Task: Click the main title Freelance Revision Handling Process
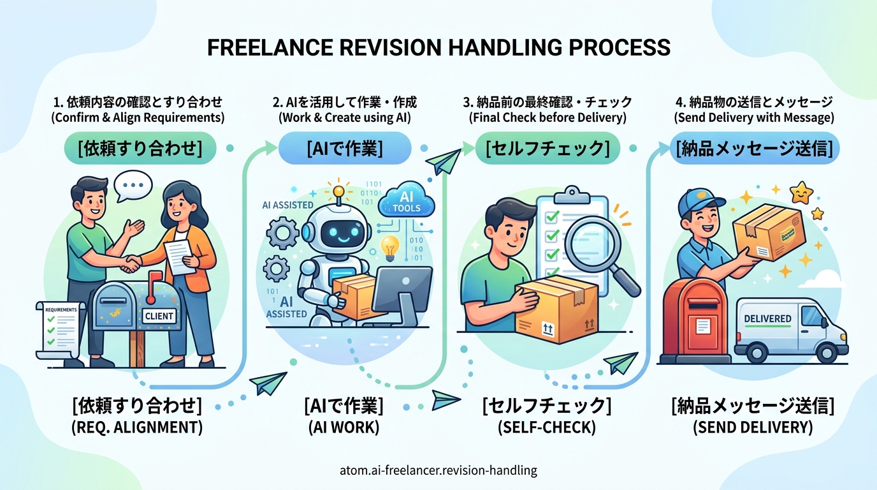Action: (438, 48)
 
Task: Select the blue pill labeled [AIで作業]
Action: (345, 149)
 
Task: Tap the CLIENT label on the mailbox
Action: (159, 315)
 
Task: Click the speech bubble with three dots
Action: (133, 186)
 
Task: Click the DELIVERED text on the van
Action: (767, 318)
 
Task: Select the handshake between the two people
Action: (132, 262)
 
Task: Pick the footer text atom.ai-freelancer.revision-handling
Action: (439, 471)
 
